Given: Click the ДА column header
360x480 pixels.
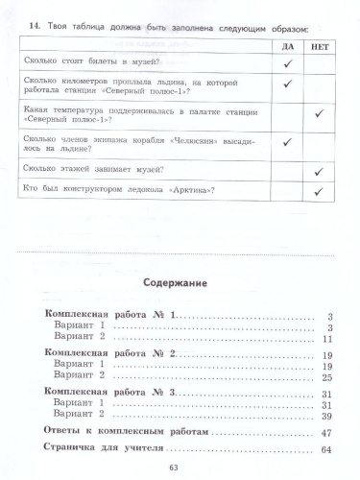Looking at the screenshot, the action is [x=287, y=46].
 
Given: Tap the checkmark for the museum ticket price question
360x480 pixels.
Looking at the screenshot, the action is [x=287, y=62].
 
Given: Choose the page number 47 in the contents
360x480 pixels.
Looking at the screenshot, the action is [x=325, y=434].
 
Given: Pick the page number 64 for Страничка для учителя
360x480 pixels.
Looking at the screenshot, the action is [x=325, y=451].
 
